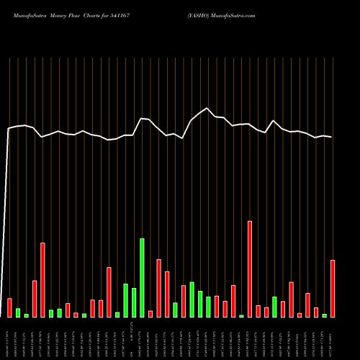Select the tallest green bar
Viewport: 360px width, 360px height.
142,277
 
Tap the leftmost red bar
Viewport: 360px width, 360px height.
9,307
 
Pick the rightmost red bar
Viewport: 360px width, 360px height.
333,288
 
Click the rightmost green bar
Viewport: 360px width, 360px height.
324,315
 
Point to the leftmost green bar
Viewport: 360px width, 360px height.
18,312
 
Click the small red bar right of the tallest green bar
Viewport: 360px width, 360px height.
150,314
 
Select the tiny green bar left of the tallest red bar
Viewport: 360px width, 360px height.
241,315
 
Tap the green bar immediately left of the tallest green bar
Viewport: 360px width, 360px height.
134,302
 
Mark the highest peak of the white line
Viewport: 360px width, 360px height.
207,109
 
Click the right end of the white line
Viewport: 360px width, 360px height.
331,137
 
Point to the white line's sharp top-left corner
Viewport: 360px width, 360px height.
9,129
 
